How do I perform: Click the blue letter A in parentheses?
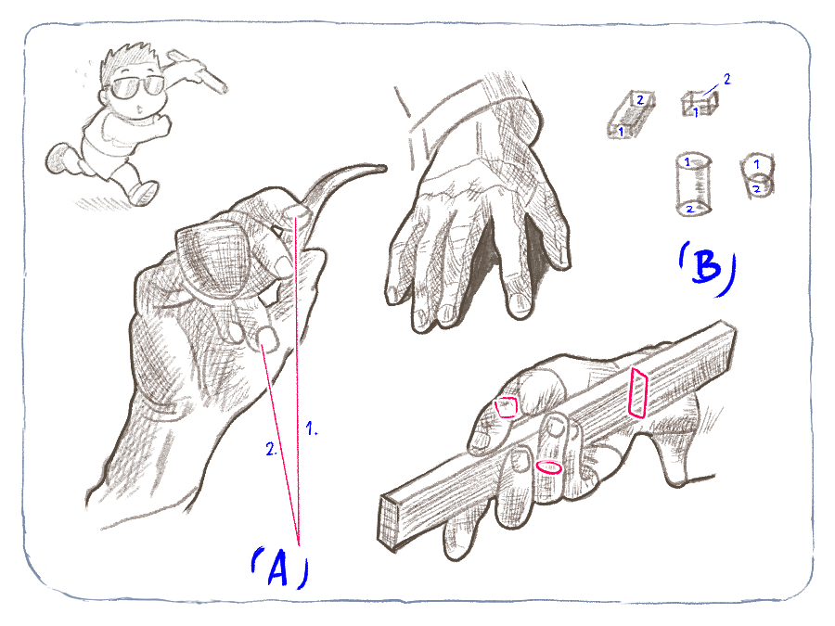277,569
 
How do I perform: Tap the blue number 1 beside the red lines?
311,428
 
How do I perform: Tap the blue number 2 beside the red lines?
271,449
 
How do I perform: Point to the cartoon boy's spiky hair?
131,58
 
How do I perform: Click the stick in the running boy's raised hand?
199,70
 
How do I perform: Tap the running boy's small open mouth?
140,109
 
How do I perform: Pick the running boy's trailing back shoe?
58,159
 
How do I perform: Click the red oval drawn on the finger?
548,467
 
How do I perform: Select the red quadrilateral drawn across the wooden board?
638,392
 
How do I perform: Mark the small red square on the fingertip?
506,407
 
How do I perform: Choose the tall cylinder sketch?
693,185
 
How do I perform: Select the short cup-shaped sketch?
757,176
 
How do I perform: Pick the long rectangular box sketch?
631,114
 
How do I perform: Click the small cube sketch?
700,104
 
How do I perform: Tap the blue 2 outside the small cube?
726,79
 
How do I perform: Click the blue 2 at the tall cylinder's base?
689,210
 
